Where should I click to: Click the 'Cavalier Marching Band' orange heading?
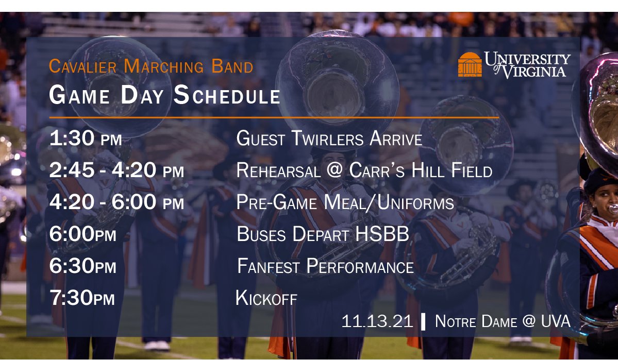[x=151, y=66]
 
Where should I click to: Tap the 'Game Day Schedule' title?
[x=164, y=96]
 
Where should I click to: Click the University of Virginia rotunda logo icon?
[x=470, y=64]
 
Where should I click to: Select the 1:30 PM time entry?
[x=86, y=139]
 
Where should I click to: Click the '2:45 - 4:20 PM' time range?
[x=116, y=170]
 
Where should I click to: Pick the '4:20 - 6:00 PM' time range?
[x=116, y=202]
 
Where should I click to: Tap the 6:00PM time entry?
[x=82, y=235]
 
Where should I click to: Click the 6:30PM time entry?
[x=82, y=267]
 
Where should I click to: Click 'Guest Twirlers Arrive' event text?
[x=329, y=139]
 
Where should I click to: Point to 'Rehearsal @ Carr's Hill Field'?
[x=364, y=170]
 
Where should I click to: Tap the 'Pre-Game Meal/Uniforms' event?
[x=345, y=202]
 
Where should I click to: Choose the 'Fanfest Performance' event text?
[x=325, y=267]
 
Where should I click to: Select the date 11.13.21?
[x=377, y=321]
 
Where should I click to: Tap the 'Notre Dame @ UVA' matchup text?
[x=503, y=321]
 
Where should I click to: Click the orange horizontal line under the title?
[x=274, y=117]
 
